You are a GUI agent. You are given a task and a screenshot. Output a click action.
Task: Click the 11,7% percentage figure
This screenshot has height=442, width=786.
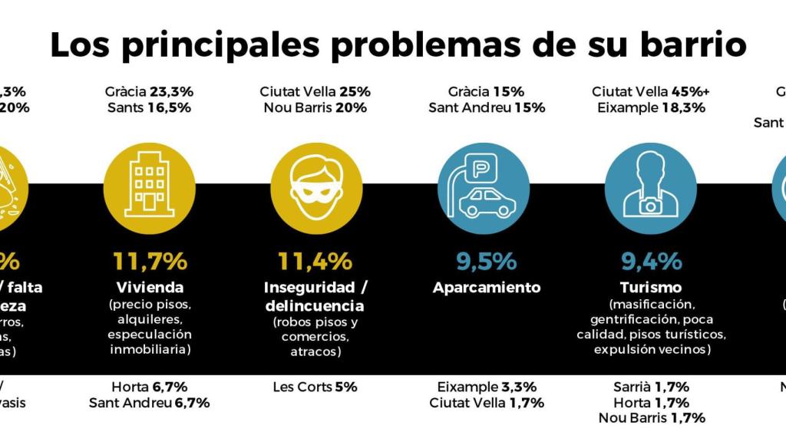pyautogui.click(x=150, y=261)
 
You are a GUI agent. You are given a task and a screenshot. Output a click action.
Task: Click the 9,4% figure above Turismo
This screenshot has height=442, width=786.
pyautogui.click(x=651, y=261)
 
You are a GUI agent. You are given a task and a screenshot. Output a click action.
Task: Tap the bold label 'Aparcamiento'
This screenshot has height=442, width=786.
pyautogui.click(x=487, y=288)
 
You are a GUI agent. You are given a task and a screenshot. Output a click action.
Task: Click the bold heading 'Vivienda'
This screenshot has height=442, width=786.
pyautogui.click(x=150, y=288)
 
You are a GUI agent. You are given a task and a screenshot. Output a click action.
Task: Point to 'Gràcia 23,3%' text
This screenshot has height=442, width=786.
pyautogui.click(x=150, y=91)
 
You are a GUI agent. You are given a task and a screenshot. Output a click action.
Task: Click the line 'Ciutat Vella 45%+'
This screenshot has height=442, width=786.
pyautogui.click(x=651, y=91)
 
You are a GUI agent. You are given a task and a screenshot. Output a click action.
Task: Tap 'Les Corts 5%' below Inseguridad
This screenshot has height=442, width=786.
pyautogui.click(x=315, y=387)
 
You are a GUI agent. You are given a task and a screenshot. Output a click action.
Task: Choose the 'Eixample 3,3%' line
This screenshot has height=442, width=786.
pyautogui.click(x=487, y=387)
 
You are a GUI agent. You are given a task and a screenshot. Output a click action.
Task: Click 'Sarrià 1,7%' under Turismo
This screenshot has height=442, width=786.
pyautogui.click(x=651, y=387)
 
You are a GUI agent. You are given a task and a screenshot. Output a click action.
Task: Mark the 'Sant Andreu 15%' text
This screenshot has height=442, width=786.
pyautogui.click(x=487, y=107)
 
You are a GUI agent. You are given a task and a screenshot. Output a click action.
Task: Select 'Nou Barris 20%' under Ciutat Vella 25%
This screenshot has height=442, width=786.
pyautogui.click(x=315, y=107)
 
